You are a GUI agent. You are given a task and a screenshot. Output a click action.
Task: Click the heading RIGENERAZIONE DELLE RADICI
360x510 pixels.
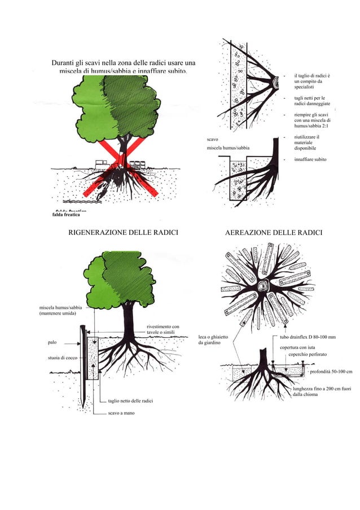(x=123, y=233)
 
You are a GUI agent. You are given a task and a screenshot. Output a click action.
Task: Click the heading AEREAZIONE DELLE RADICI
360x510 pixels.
(x=273, y=233)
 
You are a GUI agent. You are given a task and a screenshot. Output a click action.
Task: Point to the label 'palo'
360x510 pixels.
(x=52, y=342)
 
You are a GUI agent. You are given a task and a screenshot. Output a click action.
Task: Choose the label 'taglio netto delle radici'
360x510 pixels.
(x=130, y=401)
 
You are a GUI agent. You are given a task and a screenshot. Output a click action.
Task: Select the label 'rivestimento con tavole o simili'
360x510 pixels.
(x=163, y=329)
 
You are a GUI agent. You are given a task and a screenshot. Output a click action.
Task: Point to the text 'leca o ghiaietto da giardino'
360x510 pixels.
(x=213, y=340)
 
